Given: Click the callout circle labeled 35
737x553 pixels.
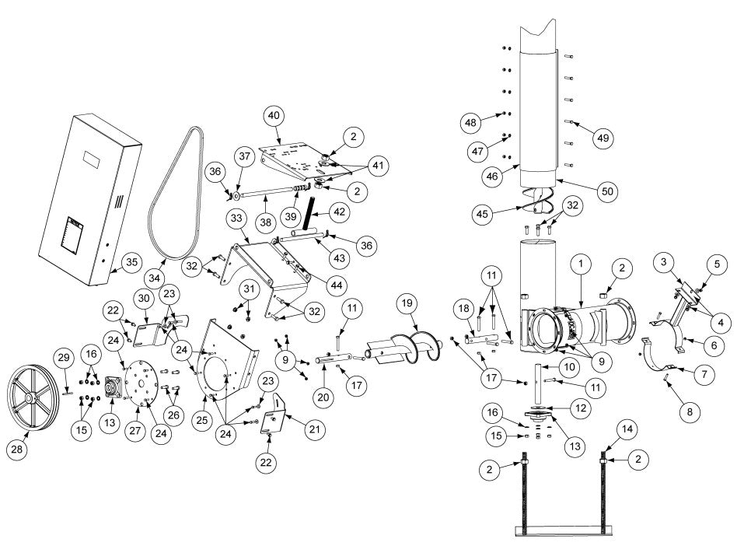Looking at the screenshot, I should pos(132,262).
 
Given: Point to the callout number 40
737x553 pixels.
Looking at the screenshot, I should pos(273,114).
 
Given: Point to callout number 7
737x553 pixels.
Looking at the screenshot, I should pos(703,374).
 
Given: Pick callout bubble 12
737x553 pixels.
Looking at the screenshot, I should pos(578,408).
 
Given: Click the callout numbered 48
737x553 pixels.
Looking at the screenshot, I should pos(471,122).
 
